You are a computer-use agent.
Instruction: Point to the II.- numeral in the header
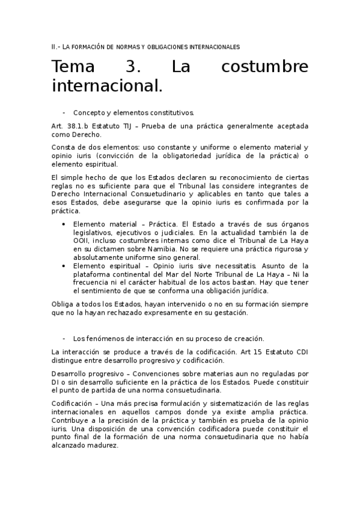click(x=55, y=46)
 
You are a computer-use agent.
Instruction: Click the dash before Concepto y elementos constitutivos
click(x=64, y=112)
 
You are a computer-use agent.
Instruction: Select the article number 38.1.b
click(x=78, y=126)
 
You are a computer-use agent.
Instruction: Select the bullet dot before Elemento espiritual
click(x=64, y=266)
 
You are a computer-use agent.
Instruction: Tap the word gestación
click(x=228, y=313)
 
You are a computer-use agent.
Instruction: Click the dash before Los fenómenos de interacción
click(x=64, y=339)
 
